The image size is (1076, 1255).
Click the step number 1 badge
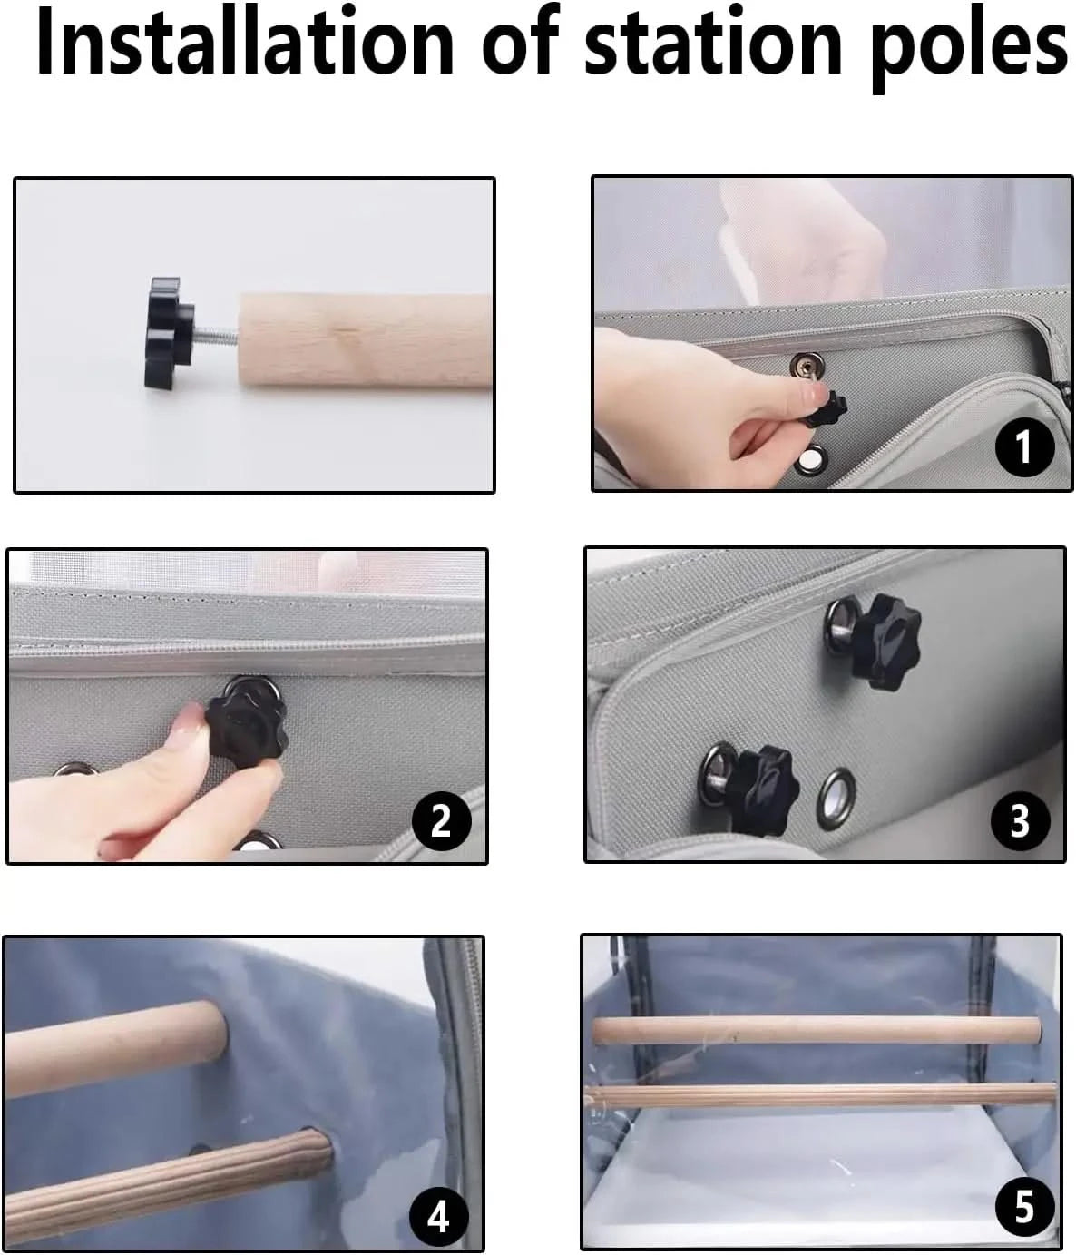point(1023,447)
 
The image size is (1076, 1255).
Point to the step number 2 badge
point(441,820)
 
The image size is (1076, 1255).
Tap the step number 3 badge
point(1020,819)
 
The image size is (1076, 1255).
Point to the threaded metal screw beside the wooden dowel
point(217,335)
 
